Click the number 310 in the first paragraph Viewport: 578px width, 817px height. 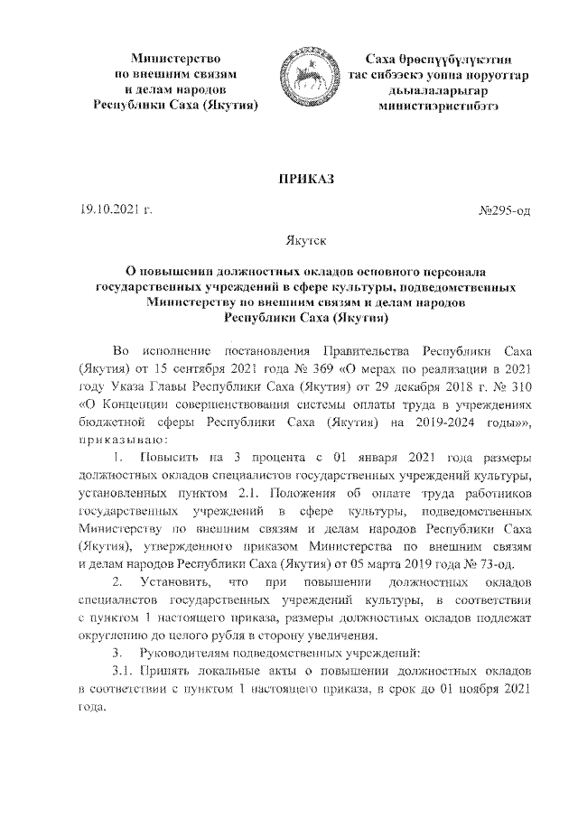pyautogui.click(x=514, y=387)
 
